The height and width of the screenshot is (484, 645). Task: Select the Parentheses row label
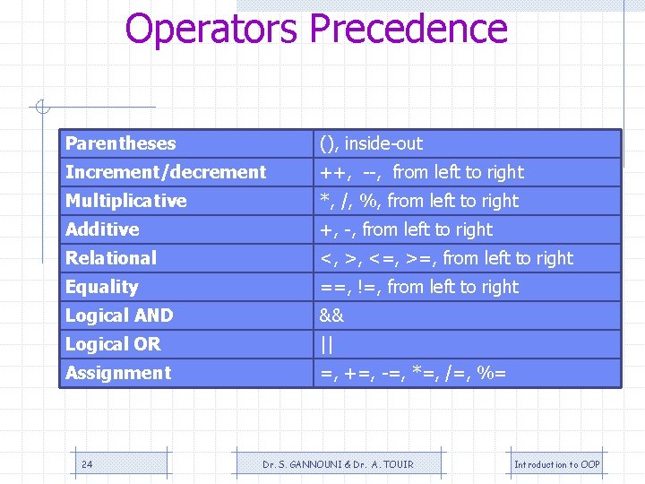pyautogui.click(x=121, y=143)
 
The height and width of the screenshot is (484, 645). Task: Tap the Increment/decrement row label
pyautogui.click(x=166, y=172)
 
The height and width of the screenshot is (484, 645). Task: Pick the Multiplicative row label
pyautogui.click(x=126, y=201)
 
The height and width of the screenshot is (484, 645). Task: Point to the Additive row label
pyautogui.click(x=102, y=229)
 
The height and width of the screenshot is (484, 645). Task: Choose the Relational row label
pyautogui.click(x=111, y=258)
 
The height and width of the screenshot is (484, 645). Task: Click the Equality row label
pyautogui.click(x=102, y=287)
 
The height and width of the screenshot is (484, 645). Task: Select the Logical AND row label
pyautogui.click(x=119, y=315)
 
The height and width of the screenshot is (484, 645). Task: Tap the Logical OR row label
pyautogui.click(x=113, y=344)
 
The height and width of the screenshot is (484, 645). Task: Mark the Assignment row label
pyautogui.click(x=118, y=373)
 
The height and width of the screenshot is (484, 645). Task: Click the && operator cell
pyautogui.click(x=332, y=315)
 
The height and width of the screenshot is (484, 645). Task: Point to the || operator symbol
pyautogui.click(x=326, y=344)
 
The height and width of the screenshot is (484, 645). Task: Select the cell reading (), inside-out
pyautogui.click(x=372, y=143)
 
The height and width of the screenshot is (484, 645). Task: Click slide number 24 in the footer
pyautogui.click(x=87, y=464)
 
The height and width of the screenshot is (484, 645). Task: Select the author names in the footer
pyautogui.click(x=338, y=464)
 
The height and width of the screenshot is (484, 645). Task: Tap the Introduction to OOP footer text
pyautogui.click(x=556, y=464)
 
